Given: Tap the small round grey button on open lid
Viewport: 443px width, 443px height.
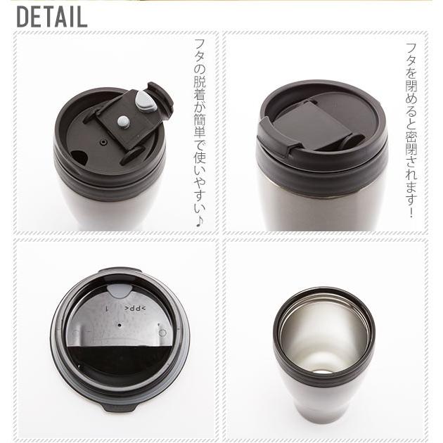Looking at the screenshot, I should click(x=124, y=122).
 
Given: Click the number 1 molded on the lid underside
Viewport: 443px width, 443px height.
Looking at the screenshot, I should click(x=107, y=309).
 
